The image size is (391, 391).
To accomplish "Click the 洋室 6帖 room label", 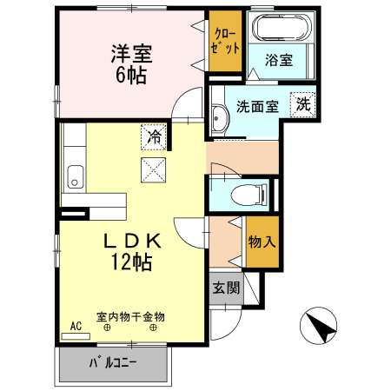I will pyautogui.click(x=131, y=63).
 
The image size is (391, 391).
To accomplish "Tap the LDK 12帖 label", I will pyautogui.click(x=131, y=250).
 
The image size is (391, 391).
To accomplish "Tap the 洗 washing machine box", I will pyautogui.click(x=302, y=103).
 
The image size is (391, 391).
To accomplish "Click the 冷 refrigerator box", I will pyautogui.click(x=154, y=136).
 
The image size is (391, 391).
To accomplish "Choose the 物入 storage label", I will pyautogui.click(x=262, y=241).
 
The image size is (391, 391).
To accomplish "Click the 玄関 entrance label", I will pyautogui.click(x=226, y=288).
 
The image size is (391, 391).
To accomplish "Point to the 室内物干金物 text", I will pyautogui.click(x=130, y=316).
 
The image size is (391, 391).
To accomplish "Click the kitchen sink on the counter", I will pyautogui.click(x=76, y=175).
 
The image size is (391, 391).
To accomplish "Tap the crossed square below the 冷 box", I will pyautogui.click(x=154, y=169).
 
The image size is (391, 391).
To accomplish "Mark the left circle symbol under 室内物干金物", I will pyautogui.click(x=107, y=328).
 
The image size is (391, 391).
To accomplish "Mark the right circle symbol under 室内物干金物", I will pyautogui.click(x=154, y=328).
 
